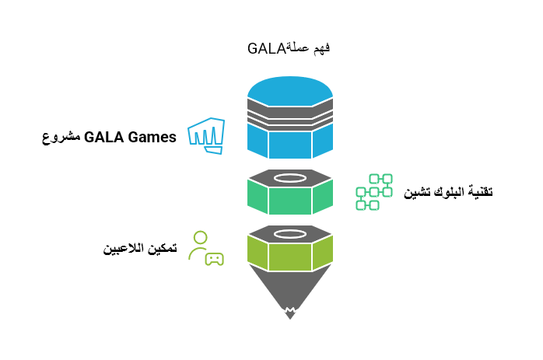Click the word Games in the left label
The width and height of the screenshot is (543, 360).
[x=152, y=138]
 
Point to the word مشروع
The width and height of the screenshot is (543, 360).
[x=59, y=138]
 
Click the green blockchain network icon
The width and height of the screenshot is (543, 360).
[x=374, y=192]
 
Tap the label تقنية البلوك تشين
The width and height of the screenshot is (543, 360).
[x=448, y=192]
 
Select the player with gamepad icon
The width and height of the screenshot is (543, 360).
[x=206, y=248]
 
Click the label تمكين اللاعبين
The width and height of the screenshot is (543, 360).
[x=140, y=249]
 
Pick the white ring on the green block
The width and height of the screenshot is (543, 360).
[x=290, y=178]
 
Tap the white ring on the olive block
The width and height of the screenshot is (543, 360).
[x=290, y=233]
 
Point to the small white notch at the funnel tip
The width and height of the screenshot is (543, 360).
[x=290, y=313]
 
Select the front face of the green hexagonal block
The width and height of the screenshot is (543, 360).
[x=290, y=201]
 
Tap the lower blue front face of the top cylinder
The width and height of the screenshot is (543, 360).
[x=290, y=144]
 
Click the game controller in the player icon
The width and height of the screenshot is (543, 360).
[x=214, y=259]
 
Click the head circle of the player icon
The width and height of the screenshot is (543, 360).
[x=201, y=237]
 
